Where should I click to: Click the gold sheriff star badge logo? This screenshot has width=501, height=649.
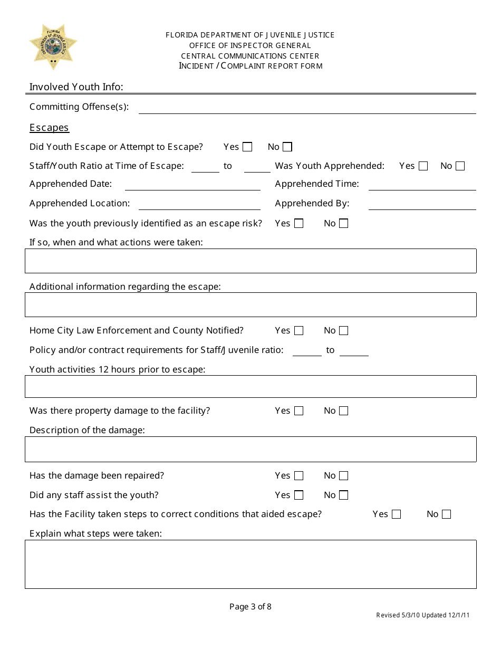point(53,47)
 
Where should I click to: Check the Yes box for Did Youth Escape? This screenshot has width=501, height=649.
point(247,147)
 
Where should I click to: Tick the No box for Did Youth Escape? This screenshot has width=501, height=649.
point(287,147)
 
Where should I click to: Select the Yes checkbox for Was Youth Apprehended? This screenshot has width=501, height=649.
point(423,166)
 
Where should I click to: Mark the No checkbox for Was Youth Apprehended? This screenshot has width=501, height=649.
point(460,166)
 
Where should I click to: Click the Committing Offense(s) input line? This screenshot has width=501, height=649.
point(307,108)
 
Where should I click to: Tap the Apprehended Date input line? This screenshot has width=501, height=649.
point(192,185)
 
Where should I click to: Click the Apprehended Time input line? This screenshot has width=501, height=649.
point(422,185)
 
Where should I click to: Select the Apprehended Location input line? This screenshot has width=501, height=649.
point(199,205)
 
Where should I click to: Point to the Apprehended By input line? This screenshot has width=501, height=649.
point(422,205)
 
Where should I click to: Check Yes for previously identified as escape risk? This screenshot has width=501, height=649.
point(299,224)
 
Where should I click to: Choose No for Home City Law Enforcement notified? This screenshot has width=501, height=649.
point(344,331)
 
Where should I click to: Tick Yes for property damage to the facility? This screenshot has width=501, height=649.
point(299,411)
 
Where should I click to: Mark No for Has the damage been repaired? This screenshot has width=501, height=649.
point(344,476)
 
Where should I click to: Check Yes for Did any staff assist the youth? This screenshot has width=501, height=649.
point(299,495)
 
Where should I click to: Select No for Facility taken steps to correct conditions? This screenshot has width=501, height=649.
point(447,514)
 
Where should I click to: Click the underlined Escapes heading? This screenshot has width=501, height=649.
point(49,128)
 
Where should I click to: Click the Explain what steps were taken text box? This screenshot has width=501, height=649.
point(250,564)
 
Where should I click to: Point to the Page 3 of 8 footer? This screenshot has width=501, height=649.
point(250,607)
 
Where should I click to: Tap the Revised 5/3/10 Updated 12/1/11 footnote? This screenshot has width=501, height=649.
point(422,615)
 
